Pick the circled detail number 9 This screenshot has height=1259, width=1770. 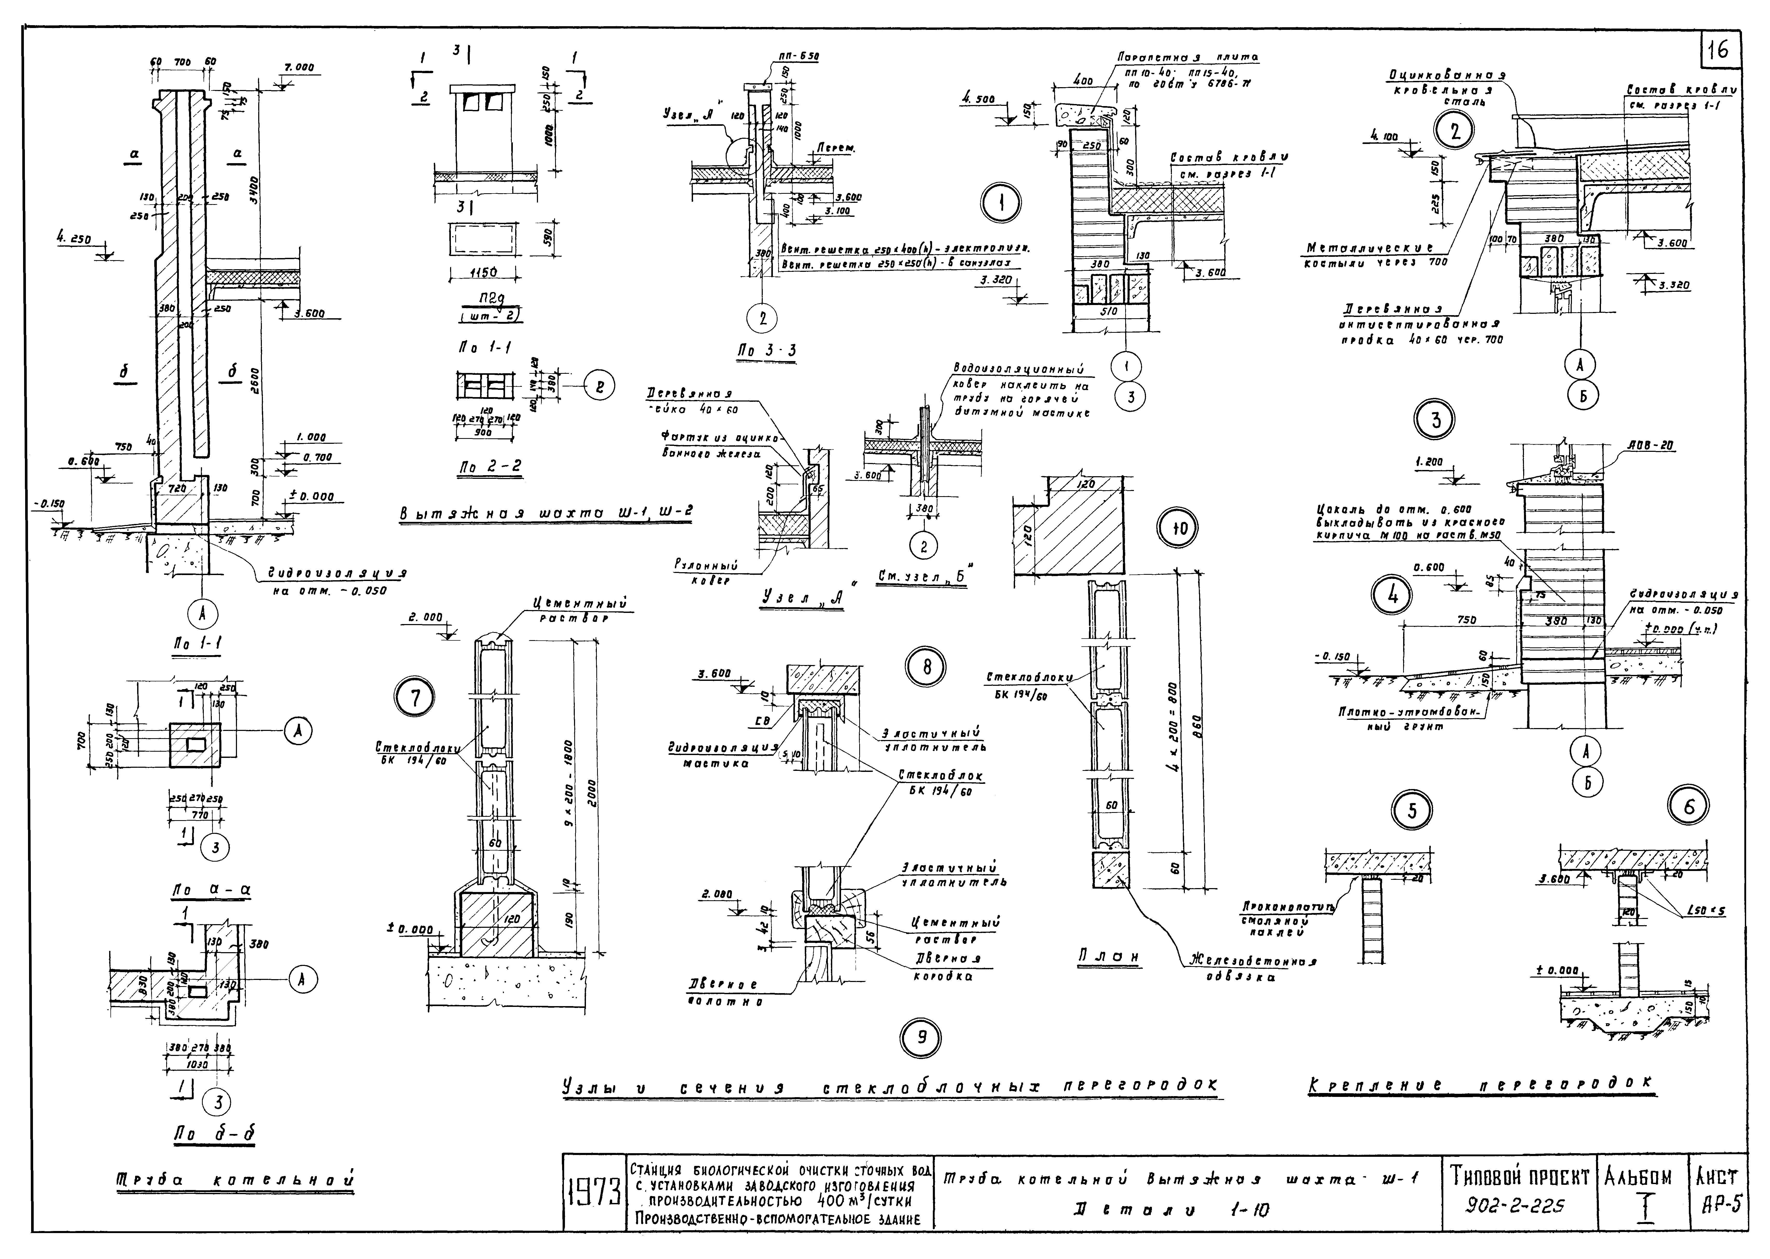pos(921,1037)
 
